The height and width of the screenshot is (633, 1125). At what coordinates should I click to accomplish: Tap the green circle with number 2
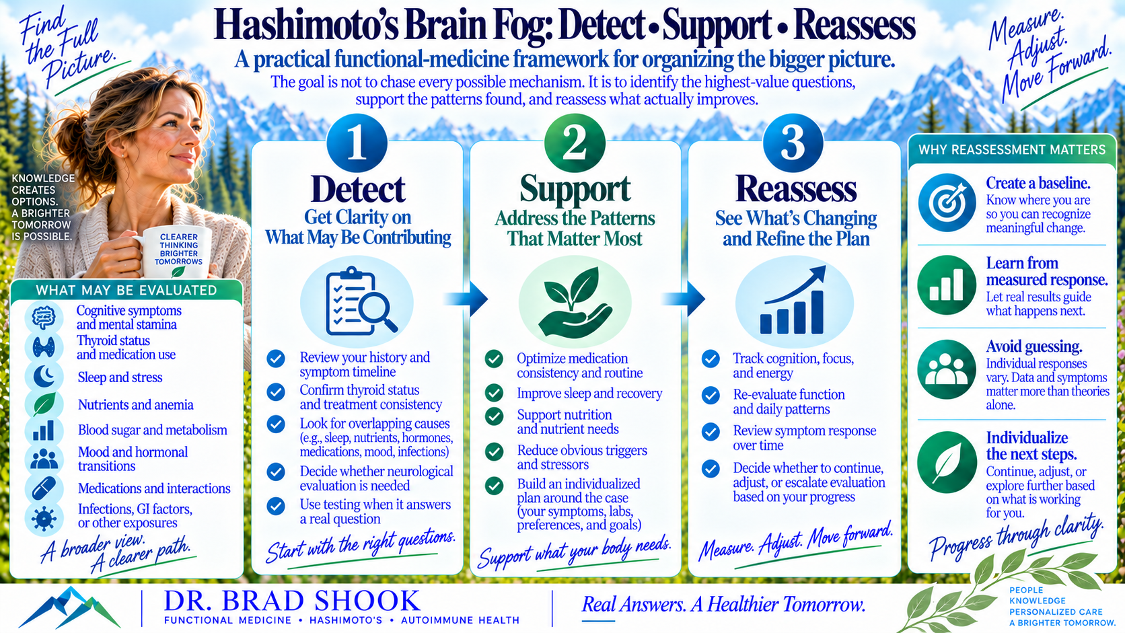(575, 143)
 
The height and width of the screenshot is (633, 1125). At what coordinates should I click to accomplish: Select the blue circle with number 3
(793, 143)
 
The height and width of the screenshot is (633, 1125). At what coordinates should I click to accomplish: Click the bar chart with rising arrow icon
(793, 301)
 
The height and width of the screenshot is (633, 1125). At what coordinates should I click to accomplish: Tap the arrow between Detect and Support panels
(466, 299)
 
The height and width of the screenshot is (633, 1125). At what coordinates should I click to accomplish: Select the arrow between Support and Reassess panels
(684, 299)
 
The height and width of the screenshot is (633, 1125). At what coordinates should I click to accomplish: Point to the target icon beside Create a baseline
(947, 202)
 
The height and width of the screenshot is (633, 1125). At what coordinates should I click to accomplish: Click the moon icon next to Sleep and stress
(44, 377)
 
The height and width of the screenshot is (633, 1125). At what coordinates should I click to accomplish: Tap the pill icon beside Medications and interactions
(44, 488)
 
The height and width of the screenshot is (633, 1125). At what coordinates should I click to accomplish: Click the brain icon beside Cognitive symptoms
(44, 318)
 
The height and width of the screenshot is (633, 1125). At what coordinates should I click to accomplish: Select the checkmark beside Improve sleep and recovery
(494, 393)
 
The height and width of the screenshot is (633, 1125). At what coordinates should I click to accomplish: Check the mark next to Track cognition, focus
(711, 359)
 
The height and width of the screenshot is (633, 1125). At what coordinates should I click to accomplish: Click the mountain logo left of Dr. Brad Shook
(69, 607)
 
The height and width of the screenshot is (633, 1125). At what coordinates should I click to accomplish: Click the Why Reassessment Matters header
(1012, 149)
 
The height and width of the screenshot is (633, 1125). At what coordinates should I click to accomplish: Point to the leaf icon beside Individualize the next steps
(947, 462)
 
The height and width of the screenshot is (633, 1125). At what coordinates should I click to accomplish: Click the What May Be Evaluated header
(126, 290)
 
